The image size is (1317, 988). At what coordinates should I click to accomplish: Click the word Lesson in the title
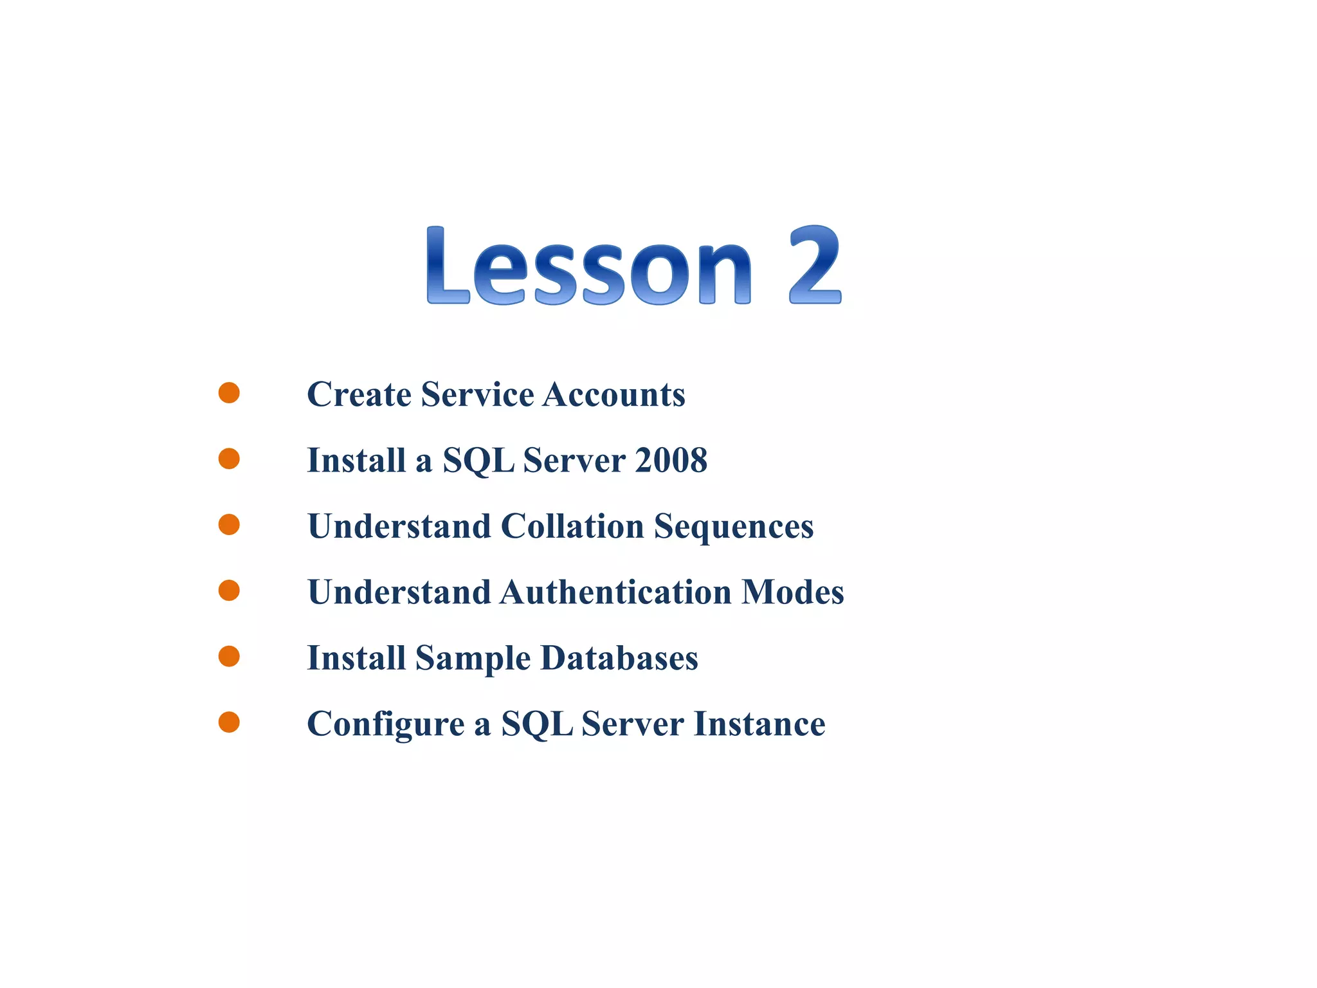coord(588,266)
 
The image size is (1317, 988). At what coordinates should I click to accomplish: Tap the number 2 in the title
coord(815,265)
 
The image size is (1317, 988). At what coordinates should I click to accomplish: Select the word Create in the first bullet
coord(359,394)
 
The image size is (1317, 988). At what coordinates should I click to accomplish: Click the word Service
coord(477,394)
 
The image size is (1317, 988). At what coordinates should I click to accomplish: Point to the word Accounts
coord(613,394)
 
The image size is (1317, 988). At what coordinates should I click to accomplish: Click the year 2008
coord(671,461)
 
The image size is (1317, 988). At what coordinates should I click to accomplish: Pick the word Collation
coord(572,526)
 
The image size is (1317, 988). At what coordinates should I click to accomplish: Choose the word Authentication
coord(616,592)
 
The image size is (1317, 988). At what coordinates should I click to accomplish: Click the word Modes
coord(792,592)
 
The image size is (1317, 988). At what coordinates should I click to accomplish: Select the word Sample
coord(473,659)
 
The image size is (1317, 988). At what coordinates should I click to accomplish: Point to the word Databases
coord(619,658)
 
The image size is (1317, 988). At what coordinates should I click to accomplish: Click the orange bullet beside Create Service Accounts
coord(229,392)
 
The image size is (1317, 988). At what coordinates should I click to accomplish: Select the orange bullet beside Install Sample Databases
coord(229,656)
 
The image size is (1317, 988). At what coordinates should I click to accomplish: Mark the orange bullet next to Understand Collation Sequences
coord(229,524)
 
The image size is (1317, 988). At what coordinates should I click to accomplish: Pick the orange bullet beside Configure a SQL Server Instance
coord(229,722)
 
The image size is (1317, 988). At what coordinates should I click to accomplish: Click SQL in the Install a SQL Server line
coord(478,461)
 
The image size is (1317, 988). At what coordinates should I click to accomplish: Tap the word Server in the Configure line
coord(632,724)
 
